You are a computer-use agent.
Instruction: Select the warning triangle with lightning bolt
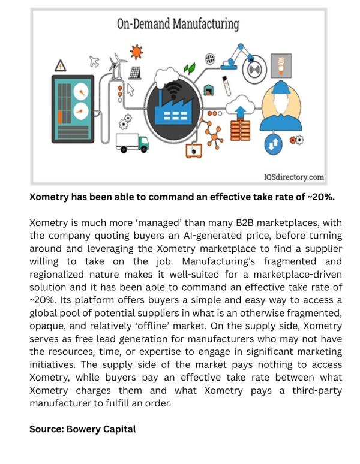point(60,65)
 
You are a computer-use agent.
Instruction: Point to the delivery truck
point(132,142)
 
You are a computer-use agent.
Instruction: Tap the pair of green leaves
point(190,67)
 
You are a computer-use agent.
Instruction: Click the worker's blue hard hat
point(281,89)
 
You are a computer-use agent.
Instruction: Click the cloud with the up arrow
point(243,110)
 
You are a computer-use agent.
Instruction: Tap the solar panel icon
point(135,72)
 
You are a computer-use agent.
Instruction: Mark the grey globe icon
point(209,59)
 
